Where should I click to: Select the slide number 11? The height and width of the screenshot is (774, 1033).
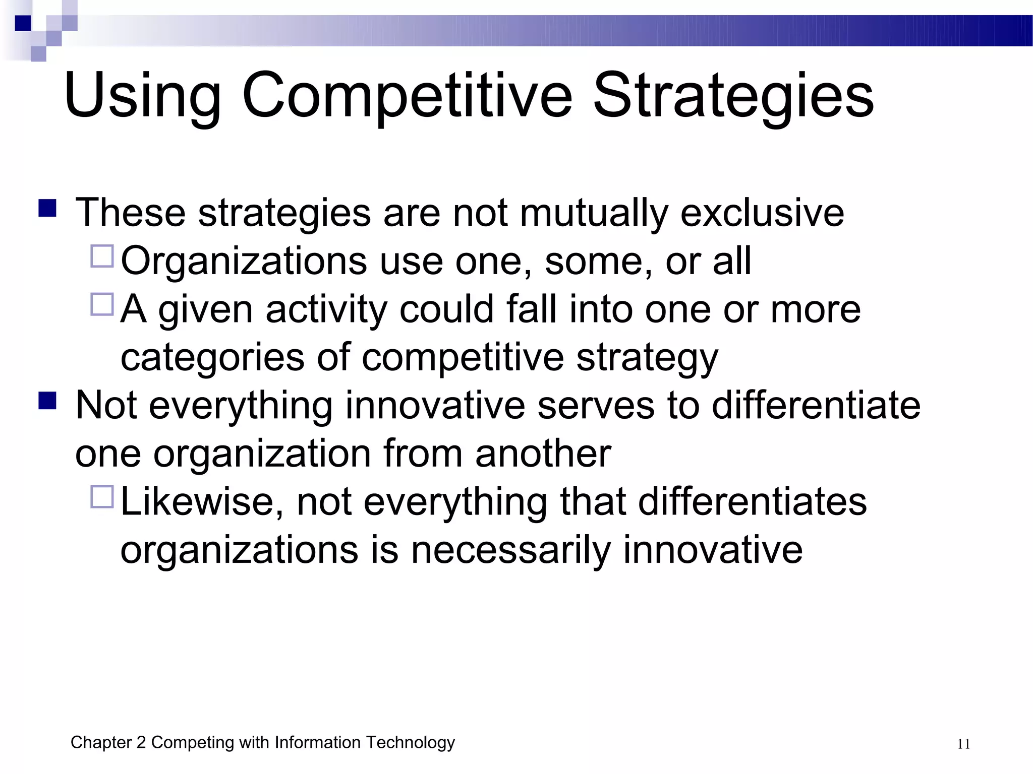click(x=963, y=744)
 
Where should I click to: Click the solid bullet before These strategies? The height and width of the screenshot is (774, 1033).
click(x=47, y=208)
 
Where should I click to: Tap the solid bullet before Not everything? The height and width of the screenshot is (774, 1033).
click(x=47, y=401)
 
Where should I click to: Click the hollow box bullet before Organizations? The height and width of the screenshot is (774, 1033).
click(x=102, y=256)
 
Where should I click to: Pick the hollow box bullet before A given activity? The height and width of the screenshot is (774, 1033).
click(x=102, y=304)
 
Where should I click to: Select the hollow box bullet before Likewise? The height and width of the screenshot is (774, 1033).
click(x=102, y=497)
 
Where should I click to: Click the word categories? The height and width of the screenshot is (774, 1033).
click(x=212, y=358)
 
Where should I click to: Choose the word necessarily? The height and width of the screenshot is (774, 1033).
click(x=510, y=550)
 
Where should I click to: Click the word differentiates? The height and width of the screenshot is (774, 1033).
click(x=752, y=502)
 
